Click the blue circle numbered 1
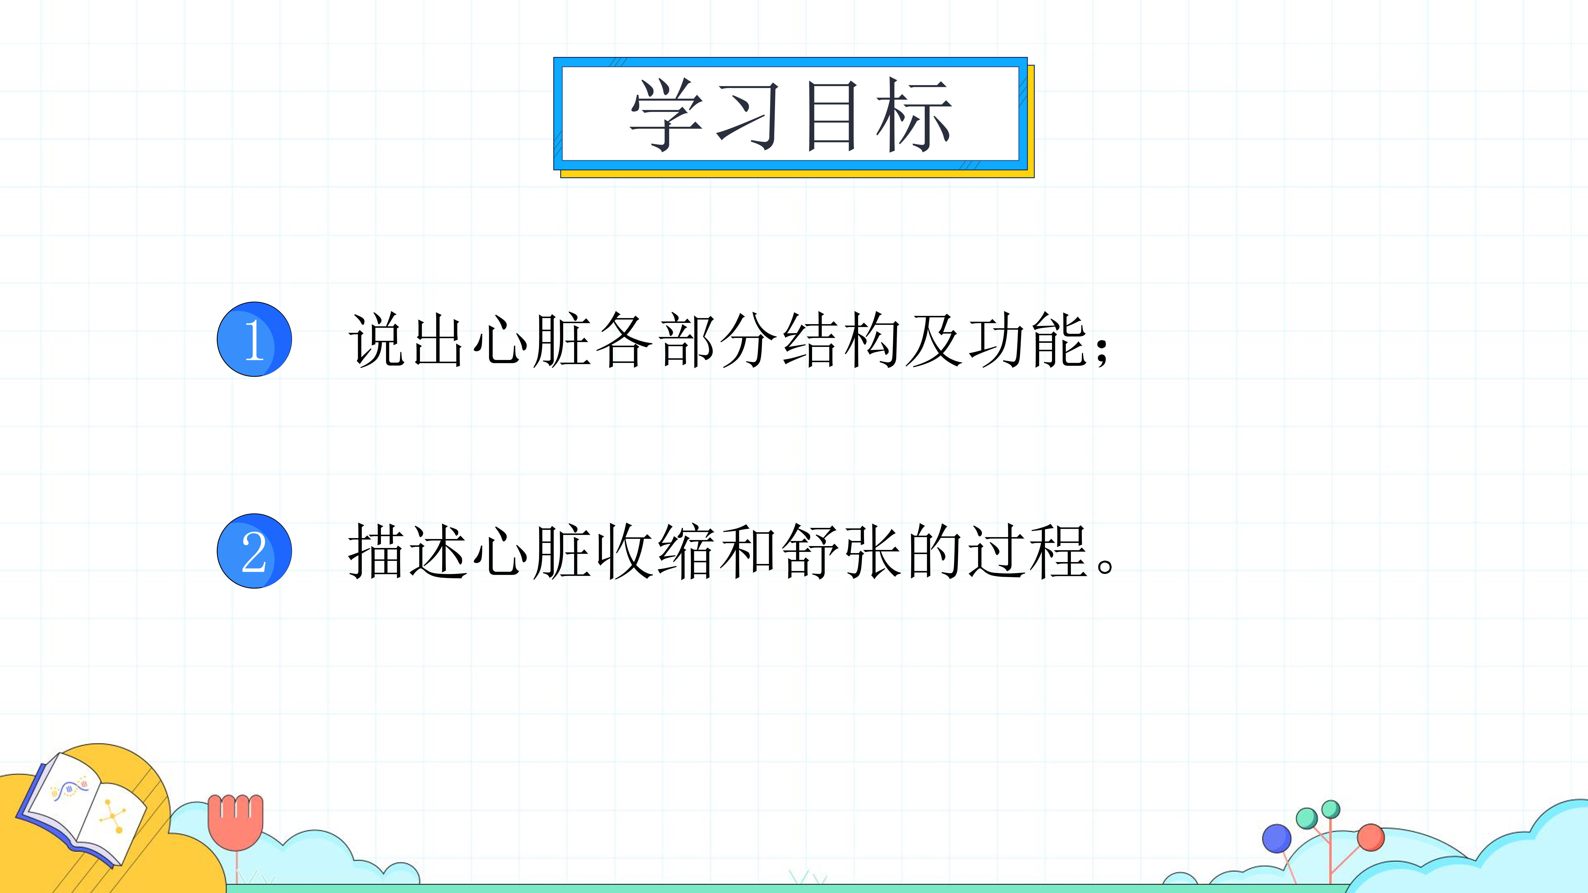pyautogui.click(x=254, y=339)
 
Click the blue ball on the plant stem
pyautogui.click(x=1277, y=839)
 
